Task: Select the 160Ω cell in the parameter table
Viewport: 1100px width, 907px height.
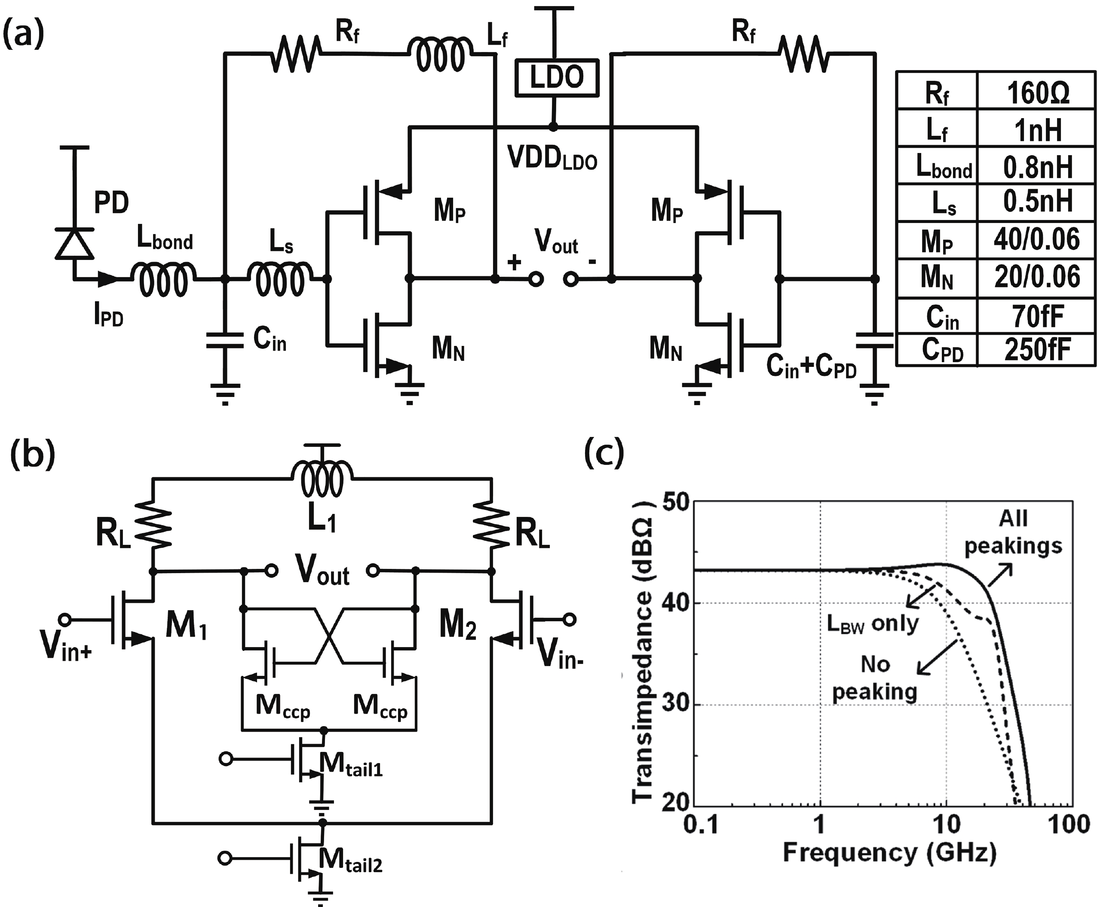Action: tap(1037, 93)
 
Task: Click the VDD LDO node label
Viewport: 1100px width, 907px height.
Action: tap(552, 158)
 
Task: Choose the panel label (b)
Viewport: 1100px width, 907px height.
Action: tap(32, 455)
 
